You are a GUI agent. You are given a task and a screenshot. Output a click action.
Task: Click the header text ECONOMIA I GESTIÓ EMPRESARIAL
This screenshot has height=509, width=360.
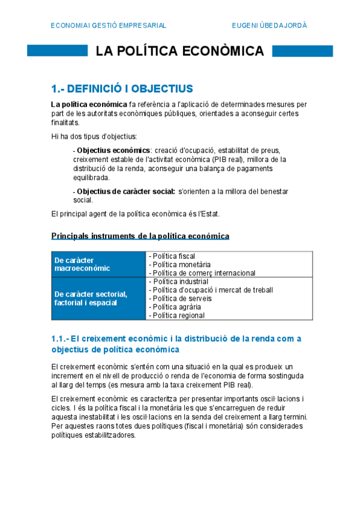[x=109, y=25]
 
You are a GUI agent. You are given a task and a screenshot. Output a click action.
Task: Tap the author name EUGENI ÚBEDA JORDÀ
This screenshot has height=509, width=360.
[x=269, y=25]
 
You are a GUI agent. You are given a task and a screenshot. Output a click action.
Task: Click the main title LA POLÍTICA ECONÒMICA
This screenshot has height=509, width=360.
[x=180, y=50]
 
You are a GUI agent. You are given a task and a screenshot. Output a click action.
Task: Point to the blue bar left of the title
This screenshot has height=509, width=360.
[x=58, y=51]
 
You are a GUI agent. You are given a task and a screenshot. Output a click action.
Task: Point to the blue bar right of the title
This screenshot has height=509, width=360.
[x=302, y=51]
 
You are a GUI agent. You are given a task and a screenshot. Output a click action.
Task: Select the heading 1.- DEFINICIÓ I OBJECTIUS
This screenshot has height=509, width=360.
[x=122, y=89]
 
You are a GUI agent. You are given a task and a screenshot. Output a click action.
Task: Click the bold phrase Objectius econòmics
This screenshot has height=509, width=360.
[x=113, y=149]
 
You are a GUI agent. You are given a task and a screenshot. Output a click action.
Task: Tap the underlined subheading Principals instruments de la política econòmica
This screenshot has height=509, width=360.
[x=140, y=236]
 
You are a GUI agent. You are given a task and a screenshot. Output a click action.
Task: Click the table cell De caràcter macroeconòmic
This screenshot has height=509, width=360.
[x=82, y=264]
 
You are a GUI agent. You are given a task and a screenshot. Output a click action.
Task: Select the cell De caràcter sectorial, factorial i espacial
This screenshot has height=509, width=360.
[x=90, y=298]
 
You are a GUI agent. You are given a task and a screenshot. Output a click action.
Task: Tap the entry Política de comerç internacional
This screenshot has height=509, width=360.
[x=203, y=273]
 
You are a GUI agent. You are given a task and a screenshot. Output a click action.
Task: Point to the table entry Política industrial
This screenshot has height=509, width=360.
[x=179, y=282]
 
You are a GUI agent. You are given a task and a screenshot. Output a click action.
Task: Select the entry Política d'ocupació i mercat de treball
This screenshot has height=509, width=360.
[x=212, y=290]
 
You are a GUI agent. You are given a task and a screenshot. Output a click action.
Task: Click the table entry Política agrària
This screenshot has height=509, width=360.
[x=176, y=307]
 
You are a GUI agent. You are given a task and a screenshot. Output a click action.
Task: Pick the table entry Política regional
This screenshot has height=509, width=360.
[x=178, y=315]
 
